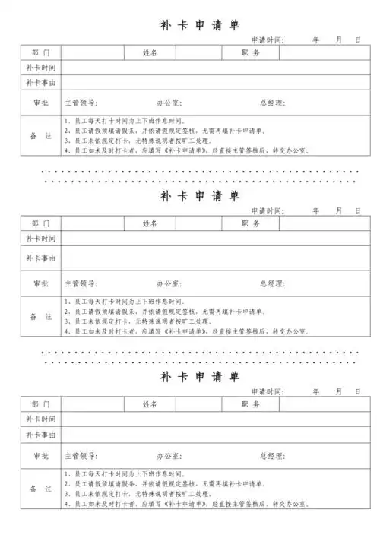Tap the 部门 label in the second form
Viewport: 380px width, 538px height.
point(40,223)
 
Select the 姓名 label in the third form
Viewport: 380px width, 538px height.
point(150,403)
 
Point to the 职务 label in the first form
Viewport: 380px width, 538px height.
point(251,52)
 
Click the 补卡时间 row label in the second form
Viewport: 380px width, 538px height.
point(40,239)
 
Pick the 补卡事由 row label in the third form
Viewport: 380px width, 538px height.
point(40,435)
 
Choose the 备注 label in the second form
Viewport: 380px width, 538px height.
point(40,316)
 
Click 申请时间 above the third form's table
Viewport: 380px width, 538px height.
point(267,391)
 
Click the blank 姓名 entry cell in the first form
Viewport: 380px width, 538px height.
point(190,52)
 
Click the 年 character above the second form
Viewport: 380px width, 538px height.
point(316,210)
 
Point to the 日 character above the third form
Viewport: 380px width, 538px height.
point(356,391)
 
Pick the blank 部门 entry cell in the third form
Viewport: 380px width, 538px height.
point(92,403)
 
